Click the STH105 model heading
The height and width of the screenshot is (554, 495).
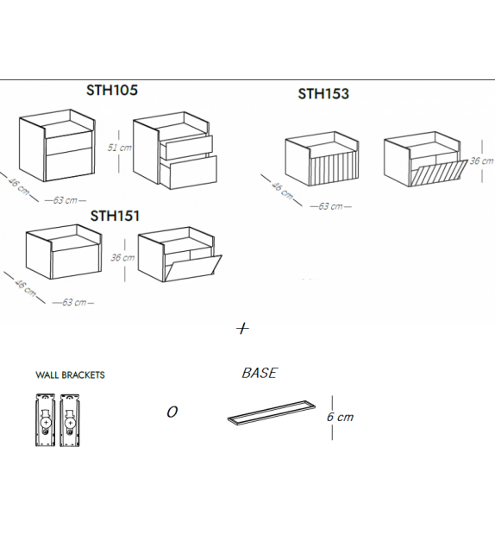pos(112,90)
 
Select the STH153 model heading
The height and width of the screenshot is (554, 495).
pos(323,94)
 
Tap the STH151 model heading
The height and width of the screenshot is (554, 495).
pos(115,216)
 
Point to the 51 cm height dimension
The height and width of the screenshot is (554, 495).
pos(120,148)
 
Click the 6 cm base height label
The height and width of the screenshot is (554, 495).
pos(340,417)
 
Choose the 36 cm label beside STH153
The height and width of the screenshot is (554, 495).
pos(481,161)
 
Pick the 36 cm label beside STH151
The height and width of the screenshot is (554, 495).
pos(122,257)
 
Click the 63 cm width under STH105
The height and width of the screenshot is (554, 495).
pos(66,200)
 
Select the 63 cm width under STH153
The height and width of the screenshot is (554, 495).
pos(330,206)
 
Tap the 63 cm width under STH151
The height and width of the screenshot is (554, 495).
pos(74,302)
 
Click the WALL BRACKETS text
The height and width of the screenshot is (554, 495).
pos(70,375)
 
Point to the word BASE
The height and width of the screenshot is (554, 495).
pos(260,373)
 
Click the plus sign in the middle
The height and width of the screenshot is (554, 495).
pos(242,329)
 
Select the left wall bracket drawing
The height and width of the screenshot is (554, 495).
pos(45,420)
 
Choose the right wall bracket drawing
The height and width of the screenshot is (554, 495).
pos(70,420)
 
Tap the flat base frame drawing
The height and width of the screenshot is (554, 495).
pos(272,412)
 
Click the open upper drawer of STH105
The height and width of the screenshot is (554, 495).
pos(186,147)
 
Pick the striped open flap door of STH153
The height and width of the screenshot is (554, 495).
pos(439,173)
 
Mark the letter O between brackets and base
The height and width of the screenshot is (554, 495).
pos(172,412)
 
